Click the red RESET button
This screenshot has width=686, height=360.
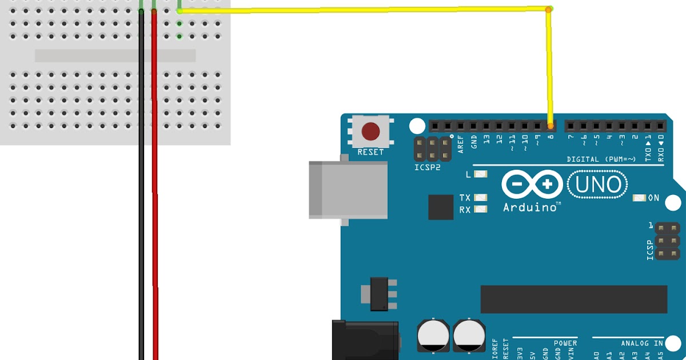[x=371, y=131]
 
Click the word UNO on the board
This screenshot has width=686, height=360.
[x=597, y=185]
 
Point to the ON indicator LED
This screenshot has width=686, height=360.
[x=639, y=198]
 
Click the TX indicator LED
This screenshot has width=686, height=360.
[x=481, y=198]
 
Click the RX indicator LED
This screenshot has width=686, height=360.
[x=481, y=210]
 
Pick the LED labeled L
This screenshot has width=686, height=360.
[x=481, y=174]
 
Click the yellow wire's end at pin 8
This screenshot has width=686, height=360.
[x=551, y=125]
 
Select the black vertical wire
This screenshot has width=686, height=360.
[x=141, y=200]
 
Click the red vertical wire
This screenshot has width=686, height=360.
[x=154, y=200]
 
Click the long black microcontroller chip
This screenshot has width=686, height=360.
[x=573, y=299]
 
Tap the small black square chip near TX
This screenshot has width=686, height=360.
[x=441, y=207]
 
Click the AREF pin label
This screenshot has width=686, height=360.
[x=461, y=144]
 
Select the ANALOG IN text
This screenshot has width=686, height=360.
[x=641, y=343]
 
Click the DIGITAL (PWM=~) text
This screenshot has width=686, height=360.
[x=601, y=159]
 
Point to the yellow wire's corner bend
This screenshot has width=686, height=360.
[x=548, y=9]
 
